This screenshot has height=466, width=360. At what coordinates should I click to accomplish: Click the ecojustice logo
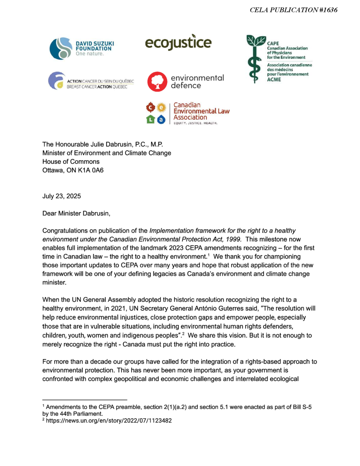[178, 43]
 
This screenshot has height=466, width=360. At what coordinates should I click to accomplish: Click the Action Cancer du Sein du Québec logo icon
[56, 81]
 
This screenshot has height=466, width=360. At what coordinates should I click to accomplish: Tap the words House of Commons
[71, 162]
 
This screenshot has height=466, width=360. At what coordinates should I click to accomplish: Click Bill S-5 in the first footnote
[299, 406]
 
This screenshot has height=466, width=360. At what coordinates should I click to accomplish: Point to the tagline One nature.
[90, 54]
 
